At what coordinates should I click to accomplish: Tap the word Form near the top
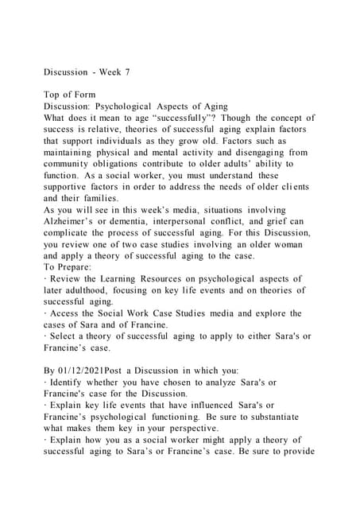pos(83,95)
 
